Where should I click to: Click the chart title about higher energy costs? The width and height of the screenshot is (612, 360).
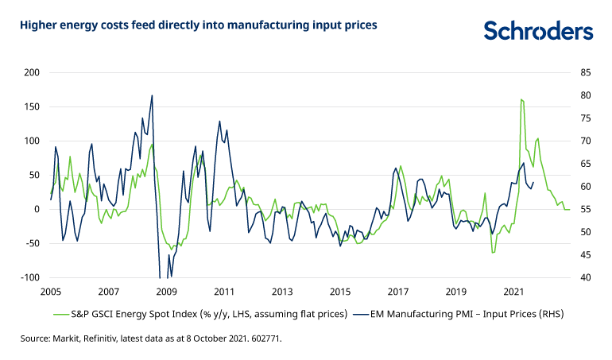199,25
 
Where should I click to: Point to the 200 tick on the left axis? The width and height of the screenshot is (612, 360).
32,72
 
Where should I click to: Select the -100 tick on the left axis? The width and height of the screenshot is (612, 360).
30,277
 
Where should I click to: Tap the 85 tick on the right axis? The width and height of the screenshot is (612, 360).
586,72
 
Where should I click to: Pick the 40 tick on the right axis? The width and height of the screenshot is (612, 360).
586,277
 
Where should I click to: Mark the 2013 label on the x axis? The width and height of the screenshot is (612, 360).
281,292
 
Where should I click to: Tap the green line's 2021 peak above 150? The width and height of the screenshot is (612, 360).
521,99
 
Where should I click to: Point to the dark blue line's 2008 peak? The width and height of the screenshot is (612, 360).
152,95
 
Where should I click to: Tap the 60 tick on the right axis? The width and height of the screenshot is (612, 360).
586,186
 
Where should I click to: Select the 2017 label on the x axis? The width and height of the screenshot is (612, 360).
397,292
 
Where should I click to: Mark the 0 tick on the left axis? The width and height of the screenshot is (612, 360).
37,209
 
